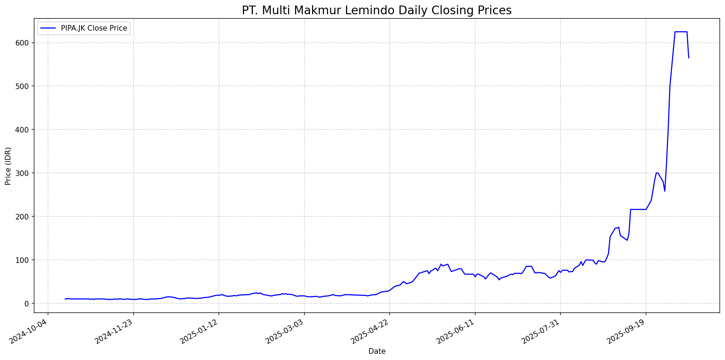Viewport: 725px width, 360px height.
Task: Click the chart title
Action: pos(377,10)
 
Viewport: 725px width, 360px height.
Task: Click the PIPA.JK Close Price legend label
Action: pos(94,28)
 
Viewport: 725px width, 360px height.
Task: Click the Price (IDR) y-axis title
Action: pos(8,166)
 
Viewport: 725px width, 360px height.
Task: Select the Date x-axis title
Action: pos(377,351)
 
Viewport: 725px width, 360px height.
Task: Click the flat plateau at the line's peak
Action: pos(681,32)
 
